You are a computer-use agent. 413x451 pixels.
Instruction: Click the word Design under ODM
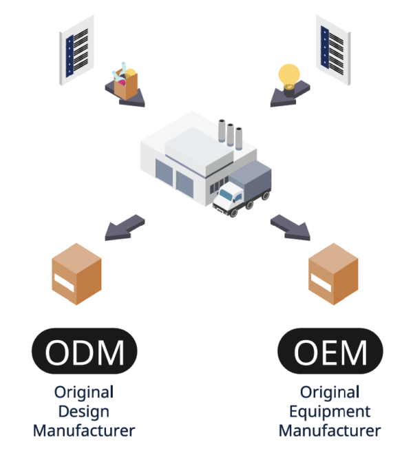[84, 412]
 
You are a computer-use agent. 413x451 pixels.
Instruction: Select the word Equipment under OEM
[330, 412]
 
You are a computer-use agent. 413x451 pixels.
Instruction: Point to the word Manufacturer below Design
[84, 431]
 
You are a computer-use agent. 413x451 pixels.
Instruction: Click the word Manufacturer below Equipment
[330, 431]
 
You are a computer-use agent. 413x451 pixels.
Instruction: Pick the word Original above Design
[84, 392]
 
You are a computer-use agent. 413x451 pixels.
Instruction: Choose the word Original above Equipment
[330, 392]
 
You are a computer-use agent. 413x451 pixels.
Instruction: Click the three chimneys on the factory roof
[231, 134]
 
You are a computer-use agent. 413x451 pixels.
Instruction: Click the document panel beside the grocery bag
[76, 49]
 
